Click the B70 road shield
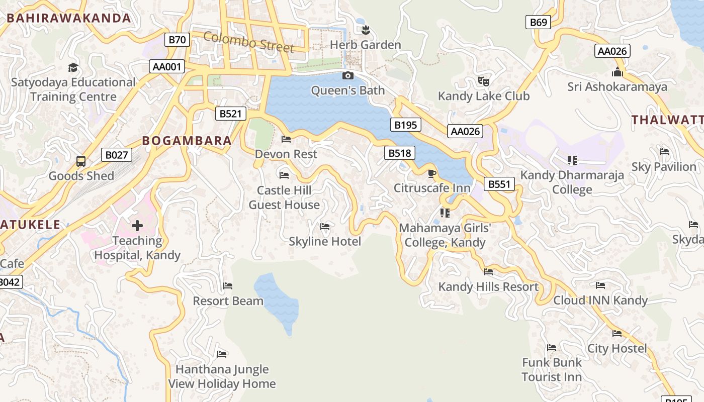coord(177,40)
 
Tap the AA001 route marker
coord(167,66)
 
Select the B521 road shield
coord(231,114)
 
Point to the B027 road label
coord(117,155)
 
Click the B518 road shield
coord(400,153)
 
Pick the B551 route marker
coord(499,184)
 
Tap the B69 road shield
coord(538,22)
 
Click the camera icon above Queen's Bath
coord(347,76)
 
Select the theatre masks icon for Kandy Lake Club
coord(484,81)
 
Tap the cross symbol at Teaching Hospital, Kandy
coord(137,226)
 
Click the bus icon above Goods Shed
coord(81,161)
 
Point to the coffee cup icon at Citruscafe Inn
coord(431,174)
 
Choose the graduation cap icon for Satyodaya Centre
coord(73,67)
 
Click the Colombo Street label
coord(249,42)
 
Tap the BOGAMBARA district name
coord(187,141)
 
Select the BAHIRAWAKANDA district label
coord(69,19)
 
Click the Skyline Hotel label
coord(325,242)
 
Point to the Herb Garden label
coord(366,45)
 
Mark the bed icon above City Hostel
coord(617,334)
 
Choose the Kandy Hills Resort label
coord(488,287)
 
